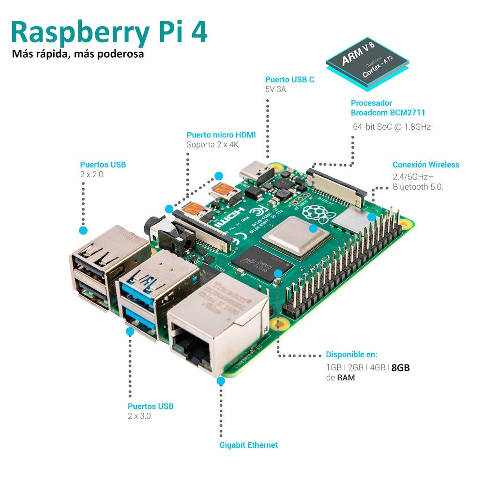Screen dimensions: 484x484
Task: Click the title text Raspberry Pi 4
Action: coord(109,32)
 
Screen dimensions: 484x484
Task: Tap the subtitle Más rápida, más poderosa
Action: coord(78,54)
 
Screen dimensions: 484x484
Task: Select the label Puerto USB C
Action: coord(289,79)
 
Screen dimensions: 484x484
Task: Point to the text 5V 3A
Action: coord(275,90)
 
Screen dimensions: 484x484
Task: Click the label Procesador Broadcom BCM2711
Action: coord(388,107)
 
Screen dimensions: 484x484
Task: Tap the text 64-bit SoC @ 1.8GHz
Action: coord(392,127)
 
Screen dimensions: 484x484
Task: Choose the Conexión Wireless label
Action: coord(425,165)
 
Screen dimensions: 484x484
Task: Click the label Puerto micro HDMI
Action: coord(221,135)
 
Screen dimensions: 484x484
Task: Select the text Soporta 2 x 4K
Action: coord(213,144)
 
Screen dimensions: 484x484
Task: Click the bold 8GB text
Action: coord(400,367)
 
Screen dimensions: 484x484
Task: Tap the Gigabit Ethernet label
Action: coord(248,445)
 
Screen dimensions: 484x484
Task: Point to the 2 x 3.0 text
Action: coord(139,416)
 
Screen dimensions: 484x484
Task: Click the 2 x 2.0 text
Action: coord(92,174)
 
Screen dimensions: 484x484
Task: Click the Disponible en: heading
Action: coord(351,354)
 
